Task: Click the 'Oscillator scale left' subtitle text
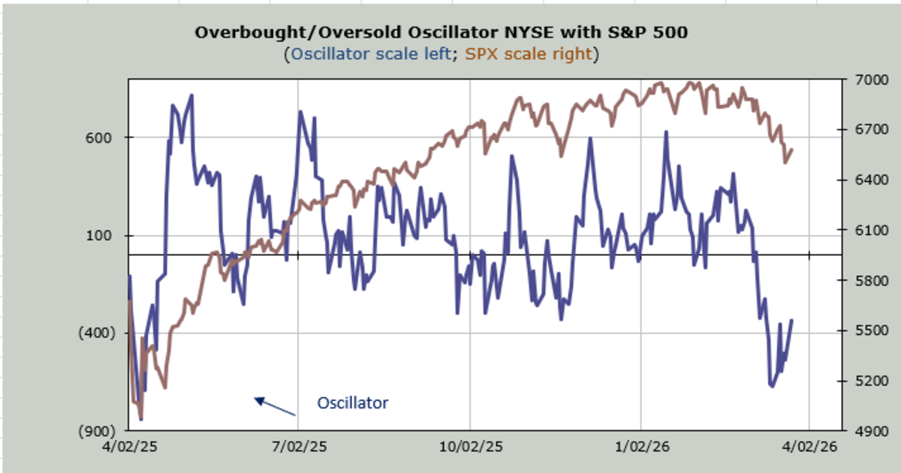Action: [371, 54]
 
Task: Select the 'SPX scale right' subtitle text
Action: [529, 54]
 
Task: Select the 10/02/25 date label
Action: [469, 446]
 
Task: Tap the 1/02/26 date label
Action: [640, 446]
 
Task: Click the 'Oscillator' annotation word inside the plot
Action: [353, 403]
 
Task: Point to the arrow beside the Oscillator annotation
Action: [275, 406]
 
